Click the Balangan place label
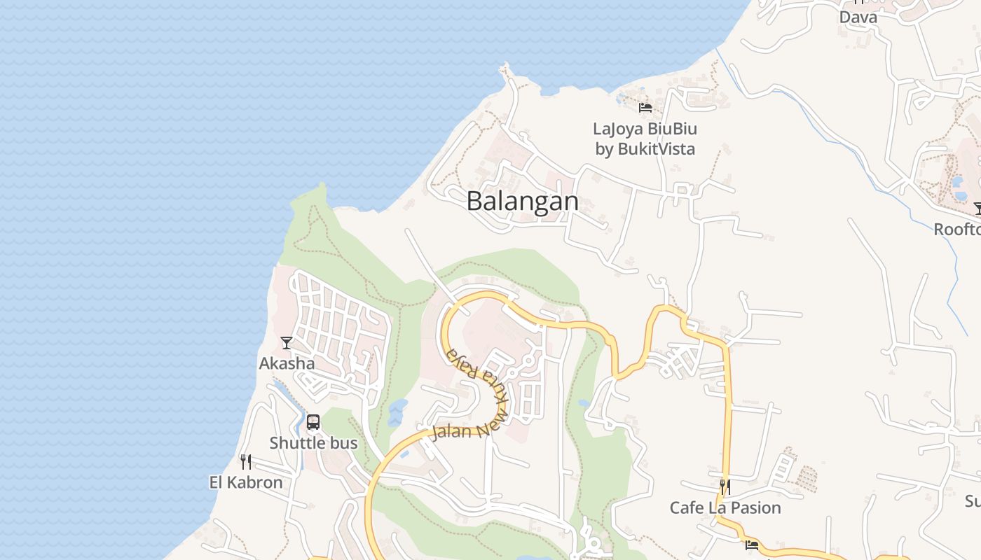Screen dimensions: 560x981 click(x=523, y=202)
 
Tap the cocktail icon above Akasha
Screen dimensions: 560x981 click(x=287, y=343)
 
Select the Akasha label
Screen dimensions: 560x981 click(x=287, y=363)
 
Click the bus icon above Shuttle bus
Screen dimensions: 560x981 click(x=313, y=422)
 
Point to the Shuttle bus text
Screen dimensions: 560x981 click(x=313, y=443)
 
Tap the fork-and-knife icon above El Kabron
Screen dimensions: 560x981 click(x=246, y=462)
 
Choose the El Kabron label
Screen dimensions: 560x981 click(x=246, y=482)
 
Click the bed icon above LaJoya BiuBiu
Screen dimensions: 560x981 click(x=645, y=107)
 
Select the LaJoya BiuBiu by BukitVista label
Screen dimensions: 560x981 click(x=645, y=139)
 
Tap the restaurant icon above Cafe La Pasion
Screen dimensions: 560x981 click(x=725, y=486)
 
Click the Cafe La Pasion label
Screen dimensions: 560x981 click(x=725, y=507)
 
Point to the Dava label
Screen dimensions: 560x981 click(x=858, y=17)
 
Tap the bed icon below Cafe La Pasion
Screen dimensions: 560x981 click(x=752, y=545)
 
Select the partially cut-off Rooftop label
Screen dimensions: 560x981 click(x=957, y=230)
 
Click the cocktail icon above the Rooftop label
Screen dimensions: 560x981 click(x=978, y=209)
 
